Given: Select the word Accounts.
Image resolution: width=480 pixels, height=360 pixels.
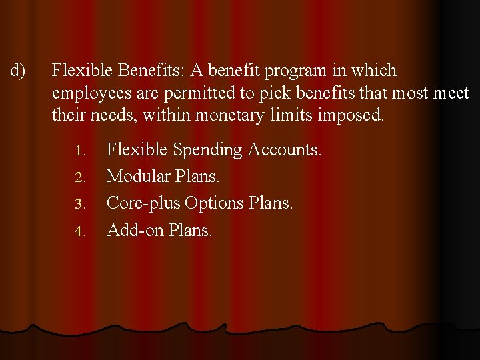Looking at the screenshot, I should point(285,150).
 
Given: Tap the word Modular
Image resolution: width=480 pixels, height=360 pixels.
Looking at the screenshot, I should point(136,177).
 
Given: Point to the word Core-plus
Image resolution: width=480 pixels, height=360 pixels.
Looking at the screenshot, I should point(143,203).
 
